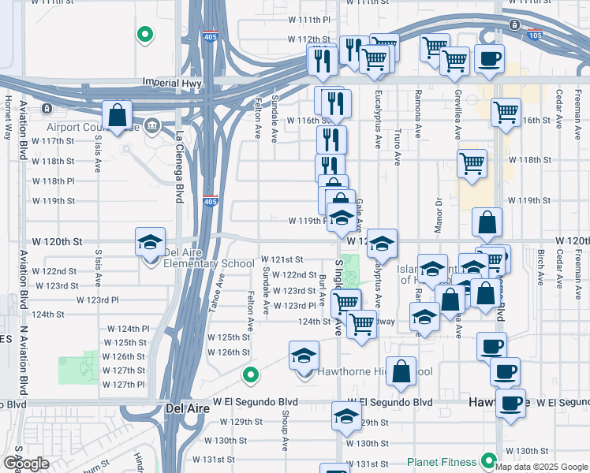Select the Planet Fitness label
[x=442, y=462]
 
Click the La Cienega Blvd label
[x=180, y=166]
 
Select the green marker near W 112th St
[x=144, y=34]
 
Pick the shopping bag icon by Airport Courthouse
[x=118, y=115]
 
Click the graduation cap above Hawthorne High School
[x=304, y=356]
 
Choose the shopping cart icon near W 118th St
[x=472, y=164]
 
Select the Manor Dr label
[x=439, y=211]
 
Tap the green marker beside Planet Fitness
[x=489, y=460]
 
